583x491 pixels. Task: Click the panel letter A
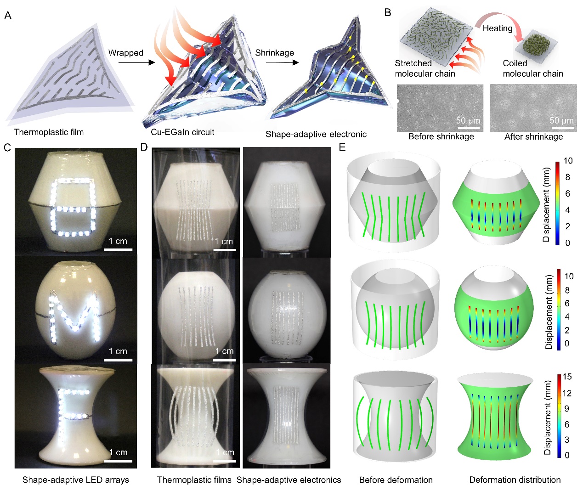8,15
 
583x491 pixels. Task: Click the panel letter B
388,12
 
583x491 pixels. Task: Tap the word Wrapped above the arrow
125,53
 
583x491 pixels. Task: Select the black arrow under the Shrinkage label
282,62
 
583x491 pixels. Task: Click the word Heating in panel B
498,28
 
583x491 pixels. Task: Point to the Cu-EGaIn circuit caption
182,132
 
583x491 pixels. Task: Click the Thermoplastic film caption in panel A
49,132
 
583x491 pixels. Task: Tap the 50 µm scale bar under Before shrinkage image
469,128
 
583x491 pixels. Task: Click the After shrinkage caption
533,137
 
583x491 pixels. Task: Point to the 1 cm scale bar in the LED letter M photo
118,360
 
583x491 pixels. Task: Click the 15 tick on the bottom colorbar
567,377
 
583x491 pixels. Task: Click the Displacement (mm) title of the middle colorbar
549,312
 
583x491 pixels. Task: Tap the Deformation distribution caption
515,480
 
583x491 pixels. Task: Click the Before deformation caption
396,480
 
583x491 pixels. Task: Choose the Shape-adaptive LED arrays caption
76,480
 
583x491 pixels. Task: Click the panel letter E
342,147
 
